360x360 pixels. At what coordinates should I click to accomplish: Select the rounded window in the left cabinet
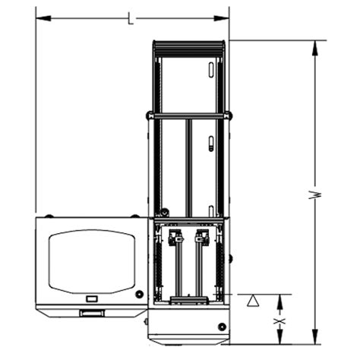(x=91, y=261)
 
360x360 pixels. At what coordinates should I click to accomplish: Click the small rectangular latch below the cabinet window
(x=92, y=298)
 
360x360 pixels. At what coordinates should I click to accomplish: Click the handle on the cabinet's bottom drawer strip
(x=92, y=313)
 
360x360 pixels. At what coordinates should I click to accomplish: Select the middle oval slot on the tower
(x=210, y=144)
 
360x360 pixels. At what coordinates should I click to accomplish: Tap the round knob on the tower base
(x=221, y=327)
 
